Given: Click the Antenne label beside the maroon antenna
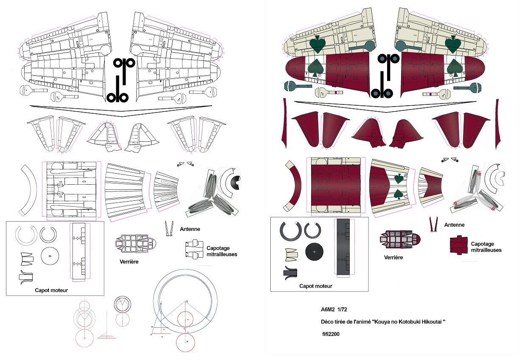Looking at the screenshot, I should tap(454, 225).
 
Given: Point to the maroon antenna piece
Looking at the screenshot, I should tap(434, 225).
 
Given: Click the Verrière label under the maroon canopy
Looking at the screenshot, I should tap(393, 257).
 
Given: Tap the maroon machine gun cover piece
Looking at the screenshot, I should tap(459, 245).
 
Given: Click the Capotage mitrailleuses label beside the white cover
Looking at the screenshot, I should tap(222, 251).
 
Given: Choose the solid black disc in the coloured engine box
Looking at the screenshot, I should tap(314, 252).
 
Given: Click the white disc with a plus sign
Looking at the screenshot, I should tap(50, 256).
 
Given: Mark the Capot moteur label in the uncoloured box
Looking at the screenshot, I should tap(51, 290).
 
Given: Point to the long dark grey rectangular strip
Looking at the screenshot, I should tap(343, 247).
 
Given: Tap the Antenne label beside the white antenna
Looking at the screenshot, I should tap(190, 229).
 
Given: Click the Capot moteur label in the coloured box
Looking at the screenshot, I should tap(316, 286).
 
